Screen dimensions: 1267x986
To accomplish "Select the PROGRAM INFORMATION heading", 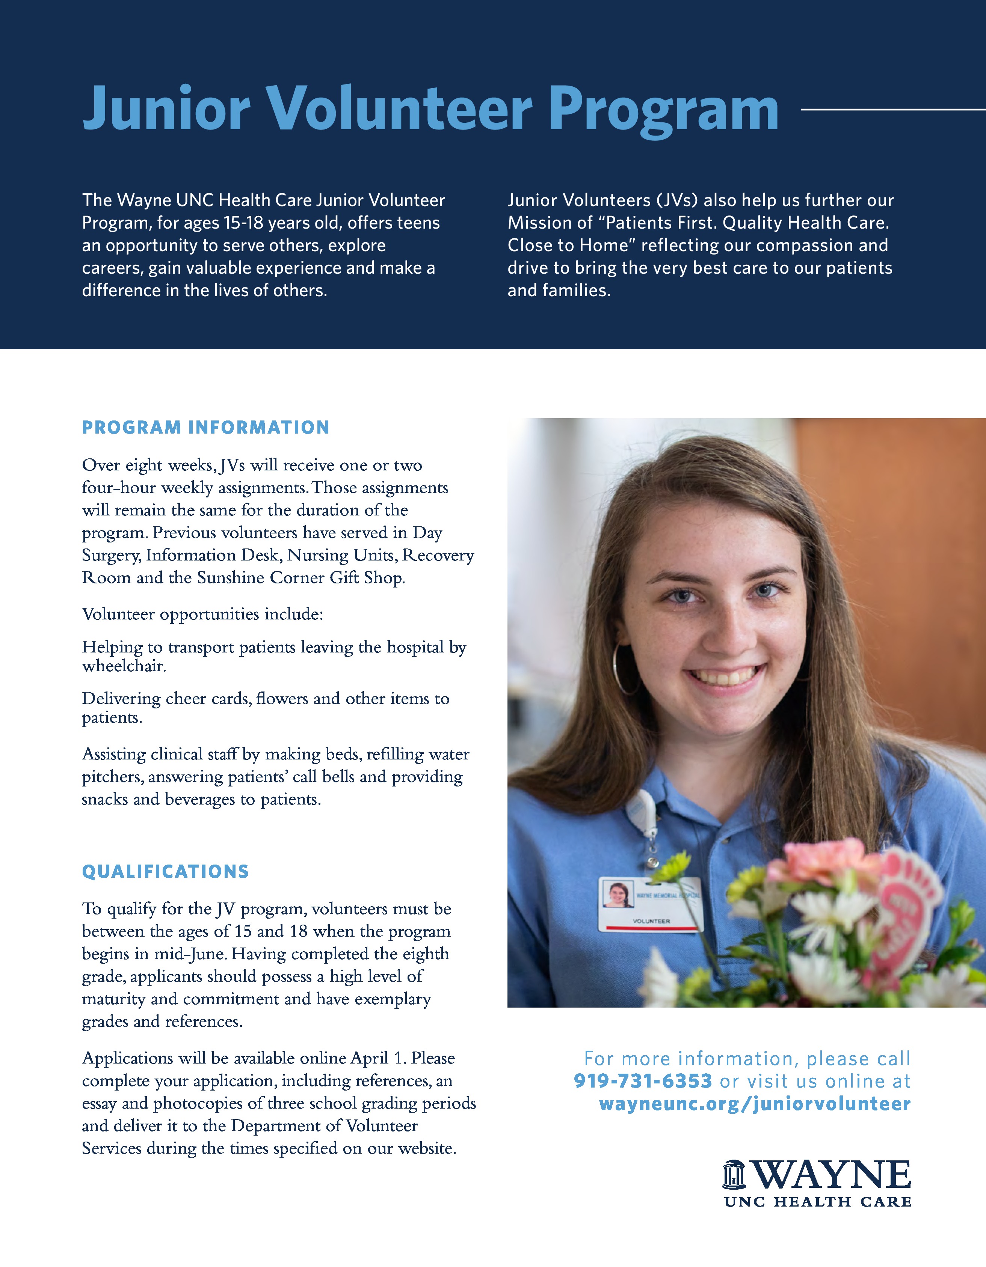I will pyautogui.click(x=205, y=428).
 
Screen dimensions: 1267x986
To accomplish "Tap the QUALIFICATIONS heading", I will pyautogui.click(x=165, y=871).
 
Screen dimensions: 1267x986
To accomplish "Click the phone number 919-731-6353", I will pyautogui.click(x=642, y=1081).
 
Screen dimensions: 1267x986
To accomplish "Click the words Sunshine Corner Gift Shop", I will pyautogui.click(x=300, y=578).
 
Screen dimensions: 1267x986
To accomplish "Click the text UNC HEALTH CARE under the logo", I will pyautogui.click(x=817, y=1202).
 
